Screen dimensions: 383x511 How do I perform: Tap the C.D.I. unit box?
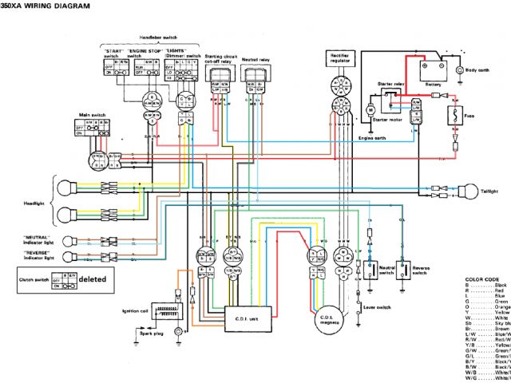tap(244, 318)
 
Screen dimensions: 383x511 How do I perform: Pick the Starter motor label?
tap(386, 119)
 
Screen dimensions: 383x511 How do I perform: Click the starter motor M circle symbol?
tap(370, 108)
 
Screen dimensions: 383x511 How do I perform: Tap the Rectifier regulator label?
tap(339, 57)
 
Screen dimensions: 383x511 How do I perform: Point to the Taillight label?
tap(492, 191)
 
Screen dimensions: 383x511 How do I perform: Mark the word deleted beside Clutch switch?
tap(92, 279)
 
